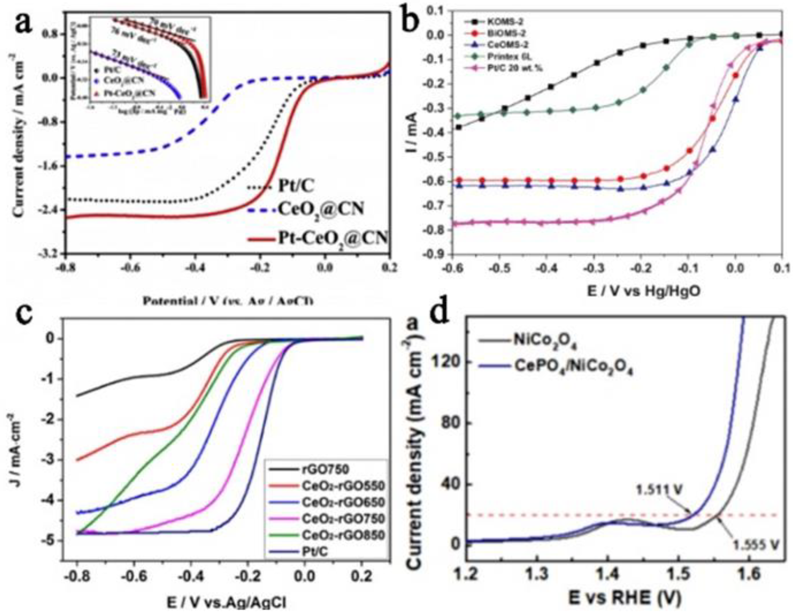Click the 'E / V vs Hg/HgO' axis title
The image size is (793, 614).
tap(644, 291)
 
